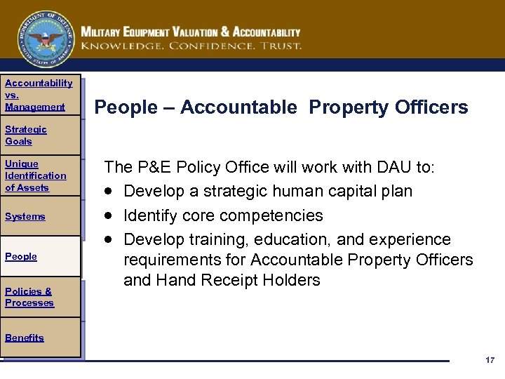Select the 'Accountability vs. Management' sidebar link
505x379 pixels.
pos(38,95)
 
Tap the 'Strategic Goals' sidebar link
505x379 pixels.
pos(26,135)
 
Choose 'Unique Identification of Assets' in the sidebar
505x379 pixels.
pos(35,175)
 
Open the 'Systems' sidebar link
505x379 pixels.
pos(25,216)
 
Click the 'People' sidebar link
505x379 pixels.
pos(21,256)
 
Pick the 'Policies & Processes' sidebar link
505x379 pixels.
pos(29,297)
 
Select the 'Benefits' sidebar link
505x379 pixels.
pos(24,338)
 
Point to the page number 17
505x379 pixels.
pos(490,360)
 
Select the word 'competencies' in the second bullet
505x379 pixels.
pos(271,215)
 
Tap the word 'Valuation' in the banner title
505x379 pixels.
pos(201,32)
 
